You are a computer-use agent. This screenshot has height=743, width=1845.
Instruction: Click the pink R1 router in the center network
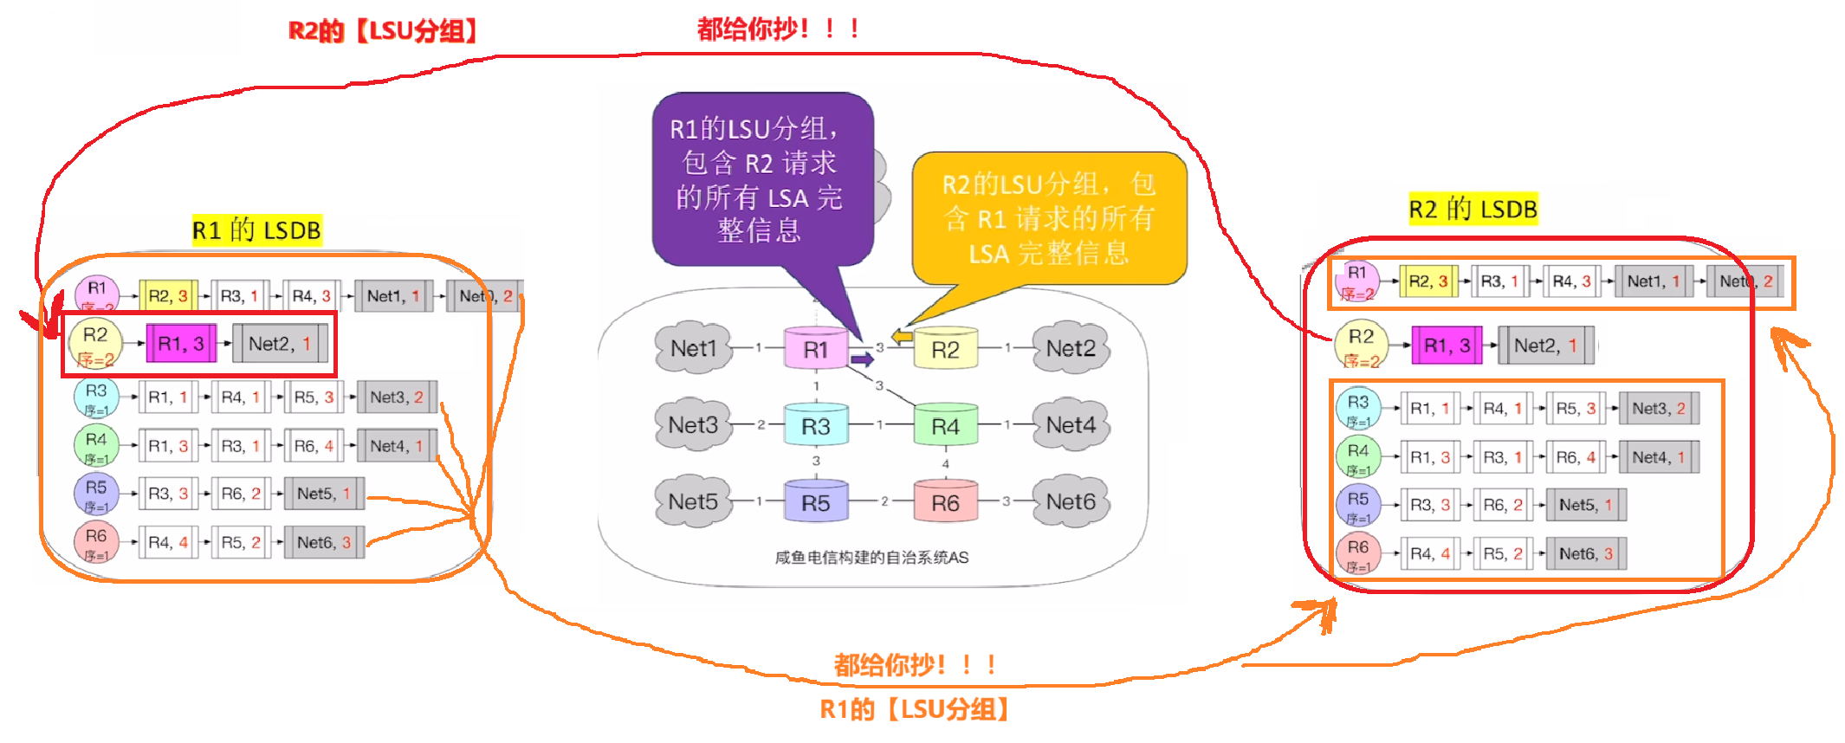tap(815, 349)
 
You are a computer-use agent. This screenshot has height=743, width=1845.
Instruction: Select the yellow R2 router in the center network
tap(945, 349)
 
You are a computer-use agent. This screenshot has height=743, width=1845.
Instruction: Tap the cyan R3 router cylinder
tap(815, 425)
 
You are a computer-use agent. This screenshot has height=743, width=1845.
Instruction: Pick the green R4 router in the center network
tap(945, 425)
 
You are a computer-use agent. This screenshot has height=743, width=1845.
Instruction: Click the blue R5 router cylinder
tap(815, 502)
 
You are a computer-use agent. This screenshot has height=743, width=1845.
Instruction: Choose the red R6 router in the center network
tap(945, 502)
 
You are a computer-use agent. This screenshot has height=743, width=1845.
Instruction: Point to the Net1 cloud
tap(693, 348)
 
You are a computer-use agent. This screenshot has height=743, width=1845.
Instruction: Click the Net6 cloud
tap(1071, 501)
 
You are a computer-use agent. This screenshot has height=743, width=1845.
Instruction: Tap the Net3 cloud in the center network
tap(693, 424)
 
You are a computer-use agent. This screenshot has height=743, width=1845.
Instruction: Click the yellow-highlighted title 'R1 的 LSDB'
tap(256, 230)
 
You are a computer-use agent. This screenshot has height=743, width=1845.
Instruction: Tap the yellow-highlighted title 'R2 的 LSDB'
tap(1473, 209)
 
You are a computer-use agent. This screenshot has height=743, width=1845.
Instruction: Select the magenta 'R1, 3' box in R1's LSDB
tap(180, 344)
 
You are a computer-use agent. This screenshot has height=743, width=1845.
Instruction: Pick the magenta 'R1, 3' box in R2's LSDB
tap(1447, 346)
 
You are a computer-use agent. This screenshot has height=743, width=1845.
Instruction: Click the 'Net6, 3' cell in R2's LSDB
tap(1585, 553)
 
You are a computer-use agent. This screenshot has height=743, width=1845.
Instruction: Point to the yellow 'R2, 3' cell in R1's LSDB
tap(167, 296)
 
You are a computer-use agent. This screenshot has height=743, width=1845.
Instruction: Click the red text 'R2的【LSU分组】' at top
tap(383, 31)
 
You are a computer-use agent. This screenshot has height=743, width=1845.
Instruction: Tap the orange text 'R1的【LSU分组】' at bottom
tap(914, 709)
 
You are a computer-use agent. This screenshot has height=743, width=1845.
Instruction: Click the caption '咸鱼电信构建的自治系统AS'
tap(871, 557)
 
